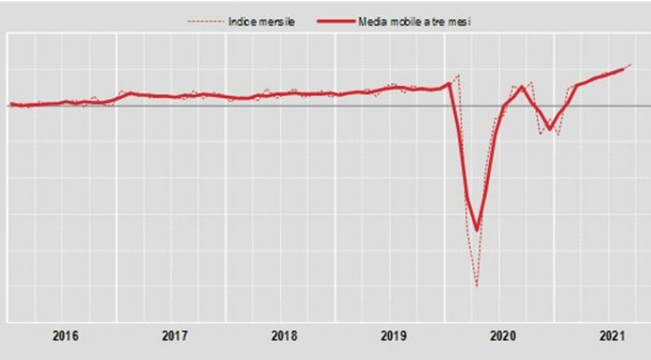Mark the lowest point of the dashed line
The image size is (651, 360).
click(x=477, y=285)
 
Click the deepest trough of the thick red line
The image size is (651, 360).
click(x=477, y=229)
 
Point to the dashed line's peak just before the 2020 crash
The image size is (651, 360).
click(x=458, y=74)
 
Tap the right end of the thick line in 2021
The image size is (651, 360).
click(x=624, y=69)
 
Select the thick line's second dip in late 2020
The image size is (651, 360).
click(x=549, y=128)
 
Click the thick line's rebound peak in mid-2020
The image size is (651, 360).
click(x=522, y=88)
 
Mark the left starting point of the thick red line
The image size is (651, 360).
click(x=9, y=104)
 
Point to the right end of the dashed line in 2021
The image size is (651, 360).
click(x=631, y=65)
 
